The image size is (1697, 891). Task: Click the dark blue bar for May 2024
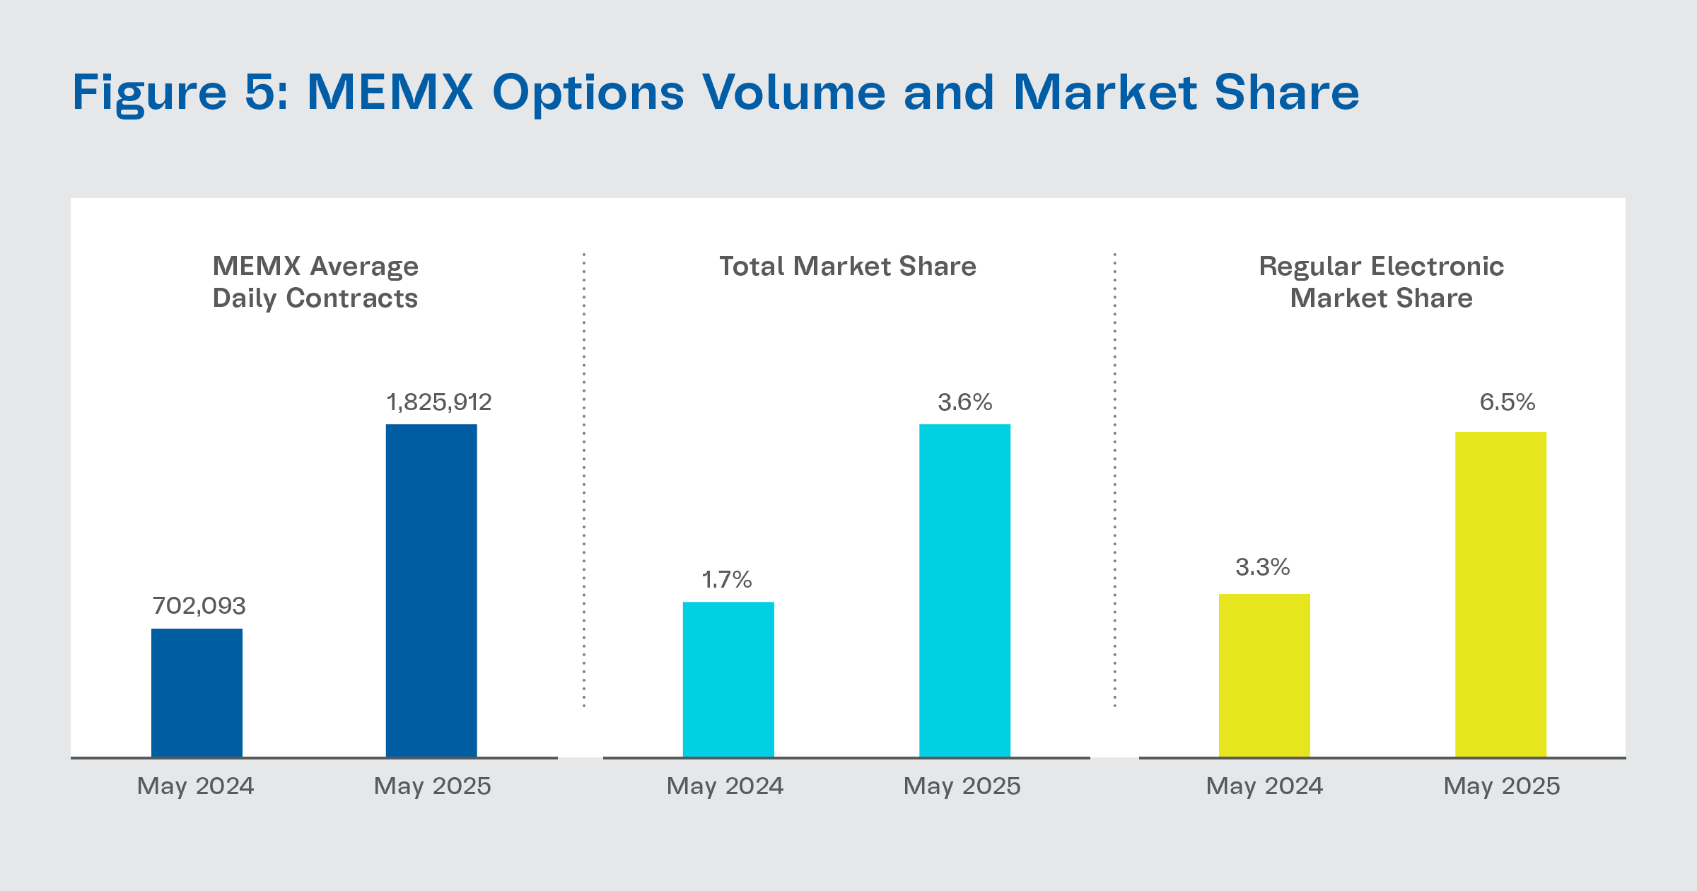point(197,692)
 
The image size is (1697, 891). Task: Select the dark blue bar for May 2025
point(431,590)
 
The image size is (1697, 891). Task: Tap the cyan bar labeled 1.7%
point(728,679)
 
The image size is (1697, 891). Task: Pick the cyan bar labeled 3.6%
point(964,590)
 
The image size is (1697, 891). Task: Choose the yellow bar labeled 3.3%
point(1264,675)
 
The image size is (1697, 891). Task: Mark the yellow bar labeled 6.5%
point(1500,594)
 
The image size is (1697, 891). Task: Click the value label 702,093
point(199,606)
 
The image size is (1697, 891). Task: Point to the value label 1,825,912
point(438,402)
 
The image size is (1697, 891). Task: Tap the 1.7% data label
point(726,580)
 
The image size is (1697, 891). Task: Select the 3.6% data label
point(964,402)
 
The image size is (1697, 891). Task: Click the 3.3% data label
point(1262,567)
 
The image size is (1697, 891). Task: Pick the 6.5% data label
point(1507,402)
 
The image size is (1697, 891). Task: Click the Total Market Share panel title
point(847,267)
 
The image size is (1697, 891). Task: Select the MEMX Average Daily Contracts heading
point(315,282)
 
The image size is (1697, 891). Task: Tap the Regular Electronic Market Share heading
point(1381,282)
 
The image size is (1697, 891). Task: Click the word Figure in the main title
point(150,93)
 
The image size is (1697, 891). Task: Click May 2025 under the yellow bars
point(1501,786)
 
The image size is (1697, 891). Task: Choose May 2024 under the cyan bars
point(725,786)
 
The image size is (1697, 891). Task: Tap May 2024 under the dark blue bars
point(195,786)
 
